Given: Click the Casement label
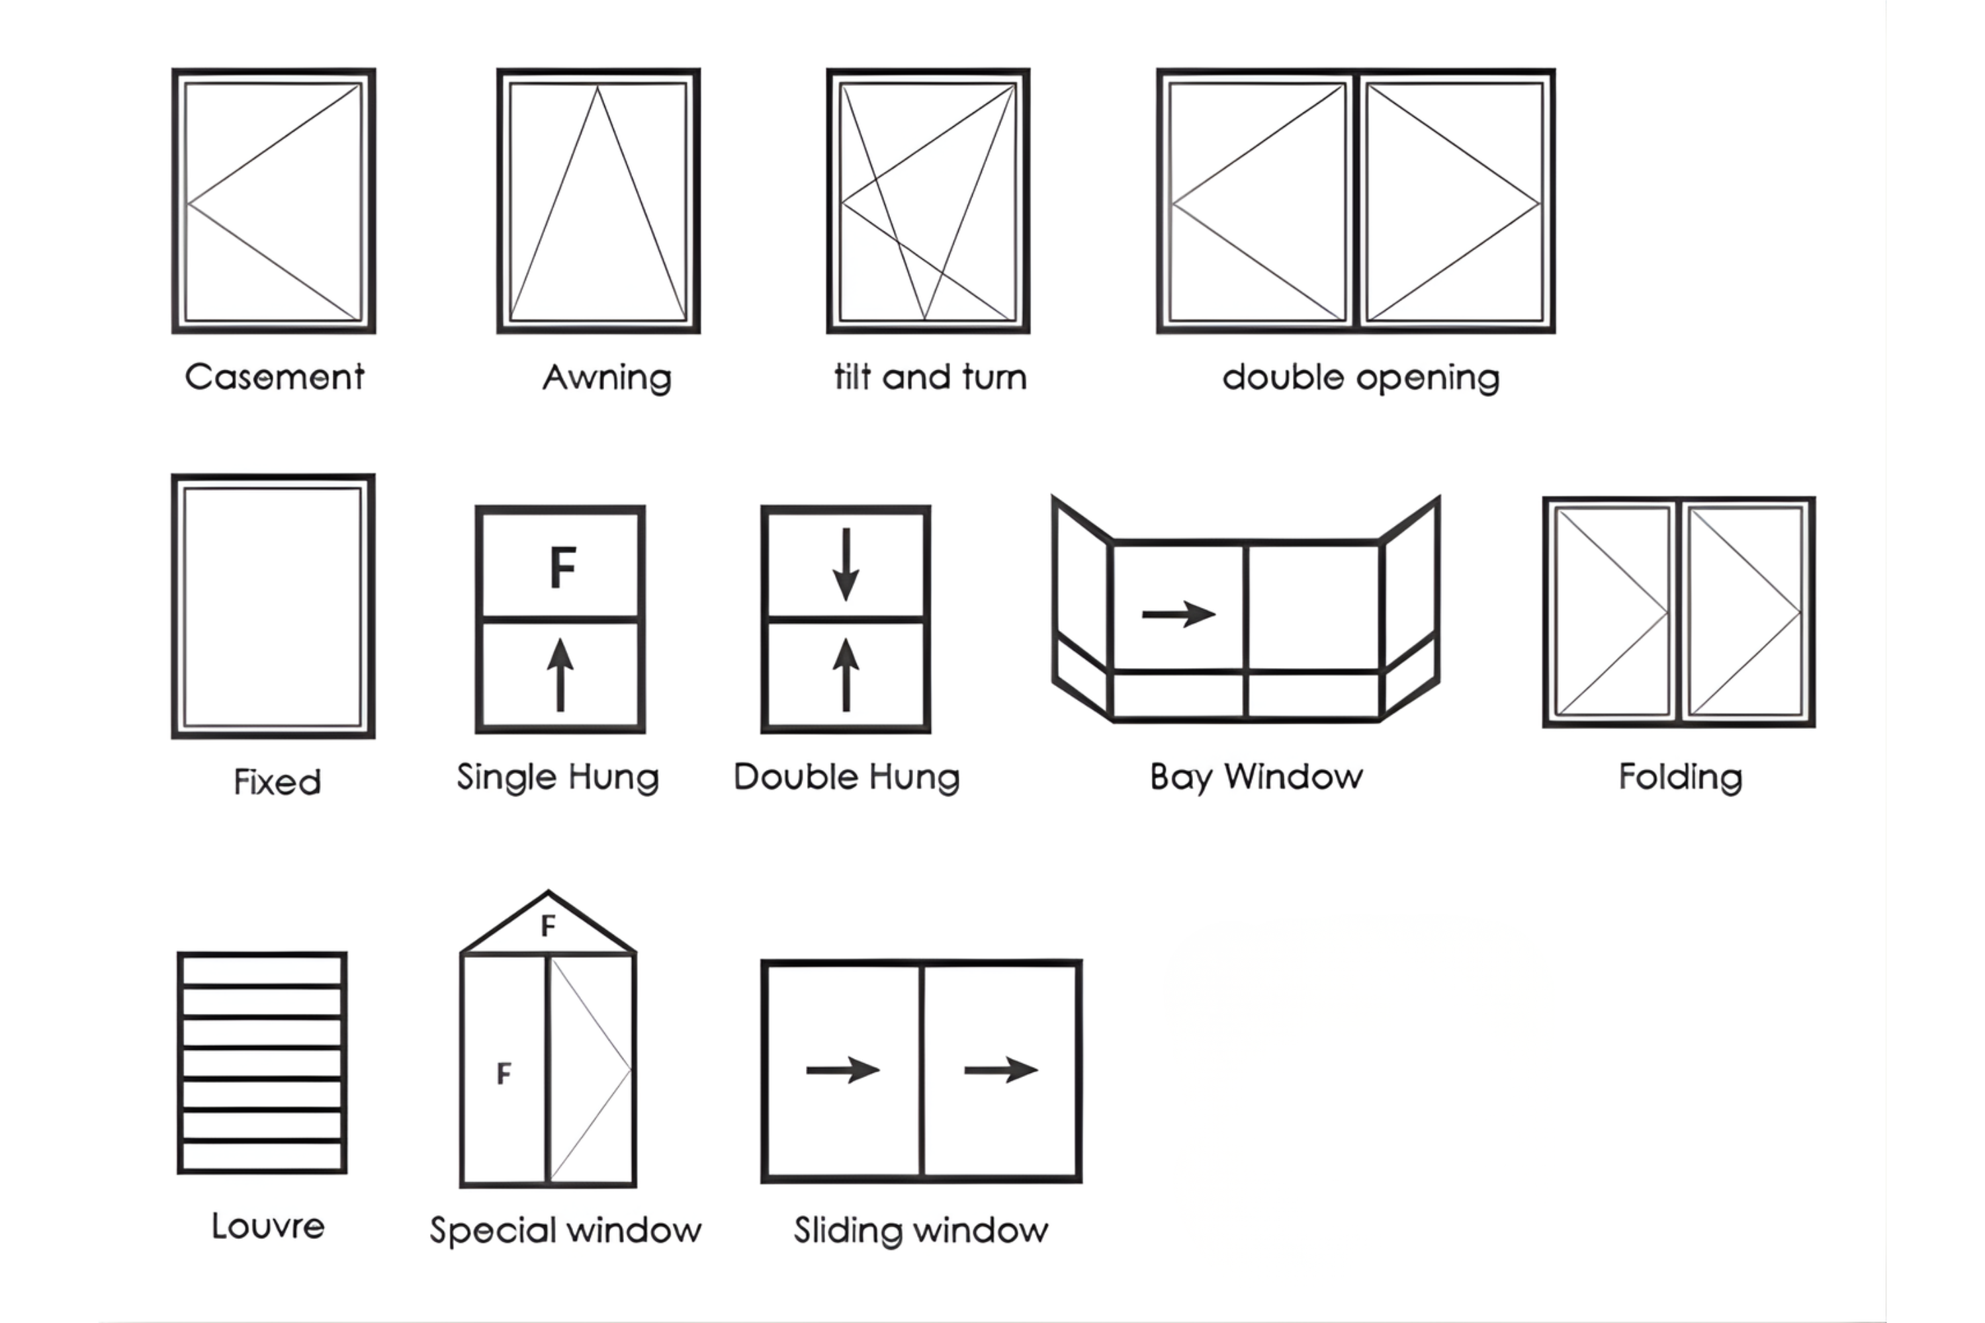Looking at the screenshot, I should [275, 376].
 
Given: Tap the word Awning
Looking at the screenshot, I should [607, 378].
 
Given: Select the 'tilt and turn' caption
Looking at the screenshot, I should [930, 377].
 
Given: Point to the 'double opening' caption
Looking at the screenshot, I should [1360, 378].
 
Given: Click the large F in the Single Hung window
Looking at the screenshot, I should [562, 567].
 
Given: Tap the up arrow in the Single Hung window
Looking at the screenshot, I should [560, 674].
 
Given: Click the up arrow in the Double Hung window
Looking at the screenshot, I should [846, 674].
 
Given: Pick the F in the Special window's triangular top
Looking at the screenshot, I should [549, 925].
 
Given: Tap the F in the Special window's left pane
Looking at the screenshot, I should [504, 1073].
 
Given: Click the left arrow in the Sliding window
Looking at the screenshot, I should [842, 1070].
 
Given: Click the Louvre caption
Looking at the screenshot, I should [267, 1226].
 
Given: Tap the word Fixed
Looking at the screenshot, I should [277, 782].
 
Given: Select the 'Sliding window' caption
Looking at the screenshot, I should [921, 1230].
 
